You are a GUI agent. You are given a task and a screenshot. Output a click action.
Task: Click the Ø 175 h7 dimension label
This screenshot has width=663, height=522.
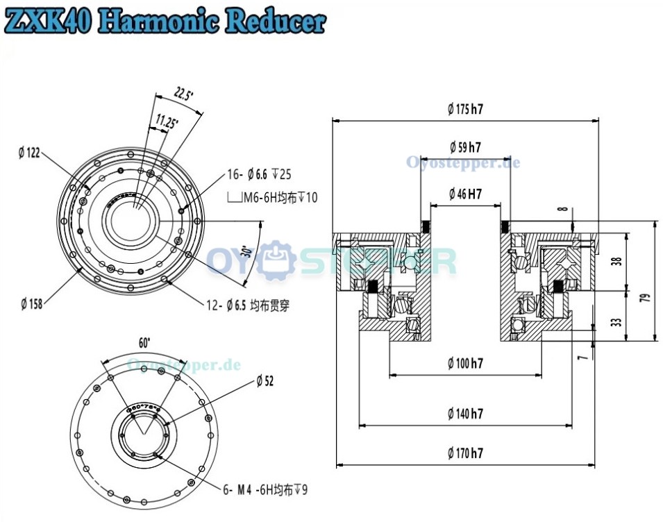click(465, 108)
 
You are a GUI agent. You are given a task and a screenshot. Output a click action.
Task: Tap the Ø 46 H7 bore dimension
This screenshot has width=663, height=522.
click(465, 194)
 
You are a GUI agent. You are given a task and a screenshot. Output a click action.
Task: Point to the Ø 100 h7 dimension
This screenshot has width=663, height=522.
click(465, 363)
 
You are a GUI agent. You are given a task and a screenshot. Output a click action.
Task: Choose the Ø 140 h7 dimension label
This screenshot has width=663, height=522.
click(465, 414)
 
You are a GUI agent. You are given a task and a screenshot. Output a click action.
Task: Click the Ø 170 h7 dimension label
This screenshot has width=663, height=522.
click(465, 453)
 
